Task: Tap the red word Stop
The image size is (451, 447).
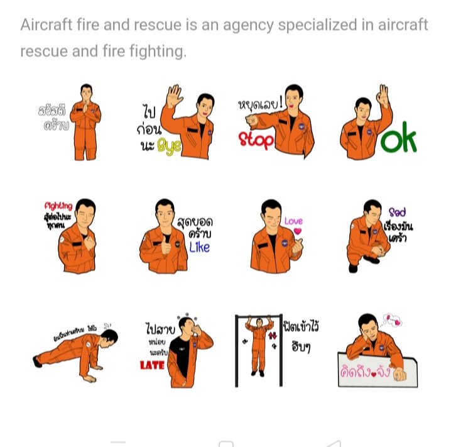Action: pos(256,140)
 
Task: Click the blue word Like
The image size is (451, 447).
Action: pos(199,246)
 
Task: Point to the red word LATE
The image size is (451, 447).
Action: pos(152,365)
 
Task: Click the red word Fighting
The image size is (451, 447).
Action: pos(58,206)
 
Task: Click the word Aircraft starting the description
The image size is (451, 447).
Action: pos(45,25)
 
